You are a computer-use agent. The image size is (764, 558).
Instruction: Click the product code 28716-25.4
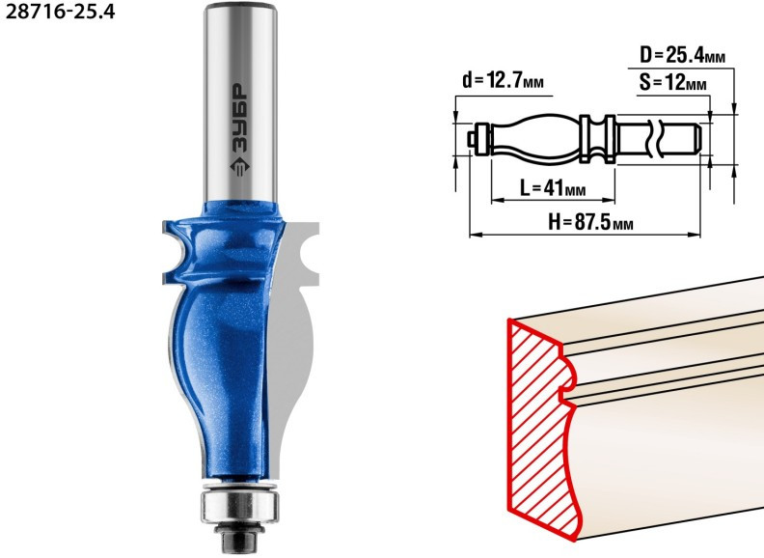point(60,11)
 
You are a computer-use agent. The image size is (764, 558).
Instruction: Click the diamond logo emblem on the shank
point(240,166)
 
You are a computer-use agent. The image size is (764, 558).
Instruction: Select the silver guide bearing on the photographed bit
point(240,505)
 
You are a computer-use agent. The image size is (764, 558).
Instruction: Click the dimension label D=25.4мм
point(682,56)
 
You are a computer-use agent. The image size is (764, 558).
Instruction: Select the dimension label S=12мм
point(672,83)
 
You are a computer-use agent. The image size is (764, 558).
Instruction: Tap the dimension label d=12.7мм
point(503,80)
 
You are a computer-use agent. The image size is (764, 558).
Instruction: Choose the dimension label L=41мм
point(553,188)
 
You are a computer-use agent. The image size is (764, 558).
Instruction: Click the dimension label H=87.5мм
point(590,222)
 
